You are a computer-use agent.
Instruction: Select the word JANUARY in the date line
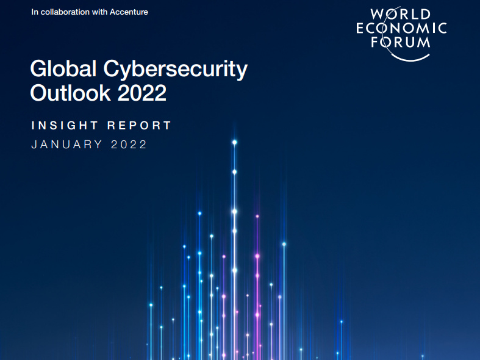[x=65, y=145]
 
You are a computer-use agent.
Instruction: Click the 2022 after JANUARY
[x=129, y=145]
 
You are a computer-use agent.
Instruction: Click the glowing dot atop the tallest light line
[x=234, y=142]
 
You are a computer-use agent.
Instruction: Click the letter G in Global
[x=39, y=70]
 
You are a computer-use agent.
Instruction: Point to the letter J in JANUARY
[x=34, y=145]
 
